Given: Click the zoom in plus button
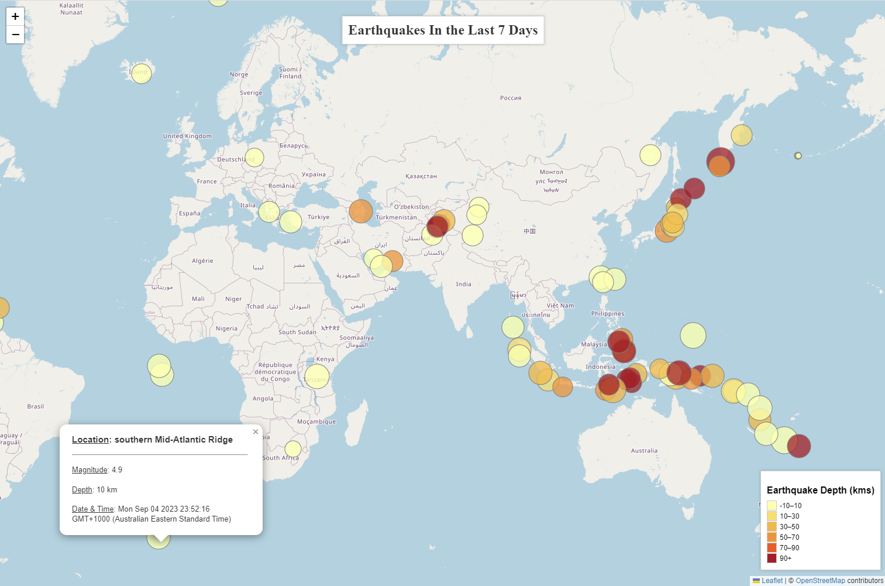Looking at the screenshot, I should click(x=15, y=16).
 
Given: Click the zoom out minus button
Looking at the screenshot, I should click(x=15, y=35).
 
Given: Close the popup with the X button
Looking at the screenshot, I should click(x=256, y=432).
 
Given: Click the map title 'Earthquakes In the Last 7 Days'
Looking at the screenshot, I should click(x=443, y=30).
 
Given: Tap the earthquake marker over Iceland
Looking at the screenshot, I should click(x=141, y=73).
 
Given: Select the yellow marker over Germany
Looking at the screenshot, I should click(x=254, y=157).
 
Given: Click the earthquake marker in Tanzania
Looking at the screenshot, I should click(x=316, y=376).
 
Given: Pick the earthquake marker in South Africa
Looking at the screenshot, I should click(x=293, y=449).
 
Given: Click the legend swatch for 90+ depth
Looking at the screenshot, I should click(x=772, y=558).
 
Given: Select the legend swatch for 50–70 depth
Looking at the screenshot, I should click(x=772, y=537).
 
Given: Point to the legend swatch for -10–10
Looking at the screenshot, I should click(x=772, y=505).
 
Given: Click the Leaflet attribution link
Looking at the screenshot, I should click(x=772, y=581).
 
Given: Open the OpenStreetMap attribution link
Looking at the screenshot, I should click(x=820, y=581).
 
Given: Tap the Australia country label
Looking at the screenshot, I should click(x=644, y=451).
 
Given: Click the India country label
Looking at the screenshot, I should click(x=463, y=284).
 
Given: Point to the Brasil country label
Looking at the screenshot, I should click(x=35, y=406).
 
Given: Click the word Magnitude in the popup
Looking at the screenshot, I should click(x=89, y=470).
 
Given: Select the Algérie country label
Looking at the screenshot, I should click(x=202, y=261).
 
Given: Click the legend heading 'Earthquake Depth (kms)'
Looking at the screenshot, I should click(x=820, y=490).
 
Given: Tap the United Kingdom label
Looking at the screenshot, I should click(x=187, y=136).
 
